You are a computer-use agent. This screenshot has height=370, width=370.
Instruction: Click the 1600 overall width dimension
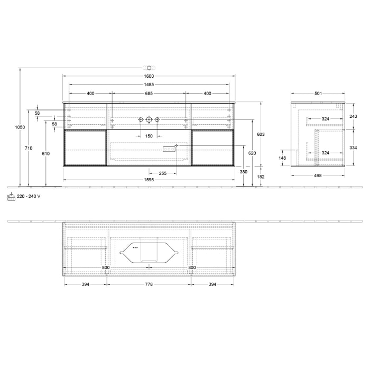(149, 76)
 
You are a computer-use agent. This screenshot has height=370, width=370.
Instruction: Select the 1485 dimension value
(149, 85)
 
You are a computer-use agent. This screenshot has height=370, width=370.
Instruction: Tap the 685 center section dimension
(149, 94)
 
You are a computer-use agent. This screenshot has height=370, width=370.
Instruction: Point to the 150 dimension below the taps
(149, 136)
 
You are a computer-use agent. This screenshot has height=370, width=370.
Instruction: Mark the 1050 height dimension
(20, 127)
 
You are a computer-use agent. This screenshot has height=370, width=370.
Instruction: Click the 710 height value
(29, 149)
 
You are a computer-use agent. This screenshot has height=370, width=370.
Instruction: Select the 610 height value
(46, 153)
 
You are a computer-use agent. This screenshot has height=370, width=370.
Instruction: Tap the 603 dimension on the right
(261, 135)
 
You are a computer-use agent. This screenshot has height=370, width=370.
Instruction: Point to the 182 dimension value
(261, 177)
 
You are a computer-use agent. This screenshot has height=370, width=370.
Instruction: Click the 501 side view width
(318, 94)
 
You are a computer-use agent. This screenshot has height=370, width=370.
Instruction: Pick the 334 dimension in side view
(353, 147)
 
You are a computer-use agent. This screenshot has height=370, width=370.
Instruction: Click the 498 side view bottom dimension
(318, 174)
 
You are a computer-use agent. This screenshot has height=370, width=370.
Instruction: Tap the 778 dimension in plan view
(149, 284)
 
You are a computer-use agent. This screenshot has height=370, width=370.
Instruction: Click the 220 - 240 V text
(29, 196)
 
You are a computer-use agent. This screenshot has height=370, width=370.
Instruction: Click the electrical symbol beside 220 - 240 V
(11, 196)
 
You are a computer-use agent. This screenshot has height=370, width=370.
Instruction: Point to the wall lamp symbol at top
(149, 68)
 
